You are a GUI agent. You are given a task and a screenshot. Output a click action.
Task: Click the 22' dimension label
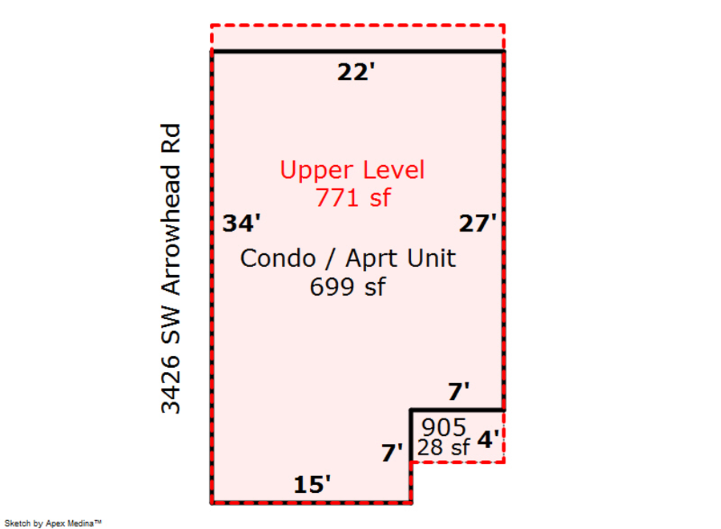click(x=356, y=72)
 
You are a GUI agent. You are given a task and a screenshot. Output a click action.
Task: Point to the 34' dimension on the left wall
click(x=241, y=223)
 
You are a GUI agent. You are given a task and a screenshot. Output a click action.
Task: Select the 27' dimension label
click(x=477, y=223)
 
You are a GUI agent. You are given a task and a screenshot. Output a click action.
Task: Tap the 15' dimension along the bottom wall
click(x=312, y=484)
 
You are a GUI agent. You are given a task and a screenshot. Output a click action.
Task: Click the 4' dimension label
click(x=488, y=439)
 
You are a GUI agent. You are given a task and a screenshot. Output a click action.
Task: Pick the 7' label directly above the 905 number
click(x=458, y=391)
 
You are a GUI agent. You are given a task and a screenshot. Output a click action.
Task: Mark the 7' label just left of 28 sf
click(x=392, y=453)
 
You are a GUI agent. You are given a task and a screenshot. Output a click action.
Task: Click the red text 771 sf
click(x=352, y=198)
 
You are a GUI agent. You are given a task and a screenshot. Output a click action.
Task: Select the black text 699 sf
click(x=348, y=287)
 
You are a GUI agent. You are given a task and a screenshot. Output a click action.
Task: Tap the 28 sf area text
click(x=443, y=447)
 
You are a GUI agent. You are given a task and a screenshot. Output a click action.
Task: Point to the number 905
click(x=444, y=427)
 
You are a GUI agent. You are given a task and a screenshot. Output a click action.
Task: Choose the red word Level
click(x=393, y=170)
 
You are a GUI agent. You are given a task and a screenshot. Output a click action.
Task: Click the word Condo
click(x=278, y=258)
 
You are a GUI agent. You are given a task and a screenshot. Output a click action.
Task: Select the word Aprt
click(x=373, y=259)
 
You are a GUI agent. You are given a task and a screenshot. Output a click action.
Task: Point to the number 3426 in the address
click(x=171, y=384)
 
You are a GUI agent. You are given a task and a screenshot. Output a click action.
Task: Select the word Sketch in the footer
click(x=18, y=523)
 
